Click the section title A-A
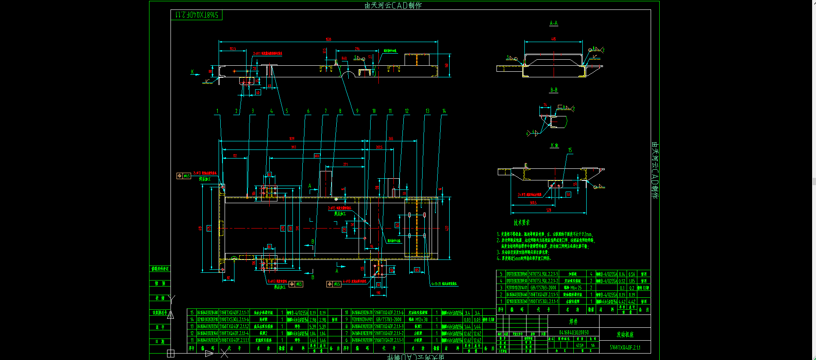554,23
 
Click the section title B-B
554,90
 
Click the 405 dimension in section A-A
554,39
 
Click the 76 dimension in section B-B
545,105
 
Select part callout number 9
357,111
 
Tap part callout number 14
444,111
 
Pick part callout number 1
217,111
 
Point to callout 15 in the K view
570,150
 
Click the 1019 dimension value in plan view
292,139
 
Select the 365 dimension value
391,139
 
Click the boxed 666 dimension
317,156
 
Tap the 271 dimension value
345,165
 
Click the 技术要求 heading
522,223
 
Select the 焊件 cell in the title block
573,321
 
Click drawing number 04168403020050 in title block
573,333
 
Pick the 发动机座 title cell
625,334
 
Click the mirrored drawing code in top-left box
197,15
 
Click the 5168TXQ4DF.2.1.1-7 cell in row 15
234,313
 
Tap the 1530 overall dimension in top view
329,40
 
